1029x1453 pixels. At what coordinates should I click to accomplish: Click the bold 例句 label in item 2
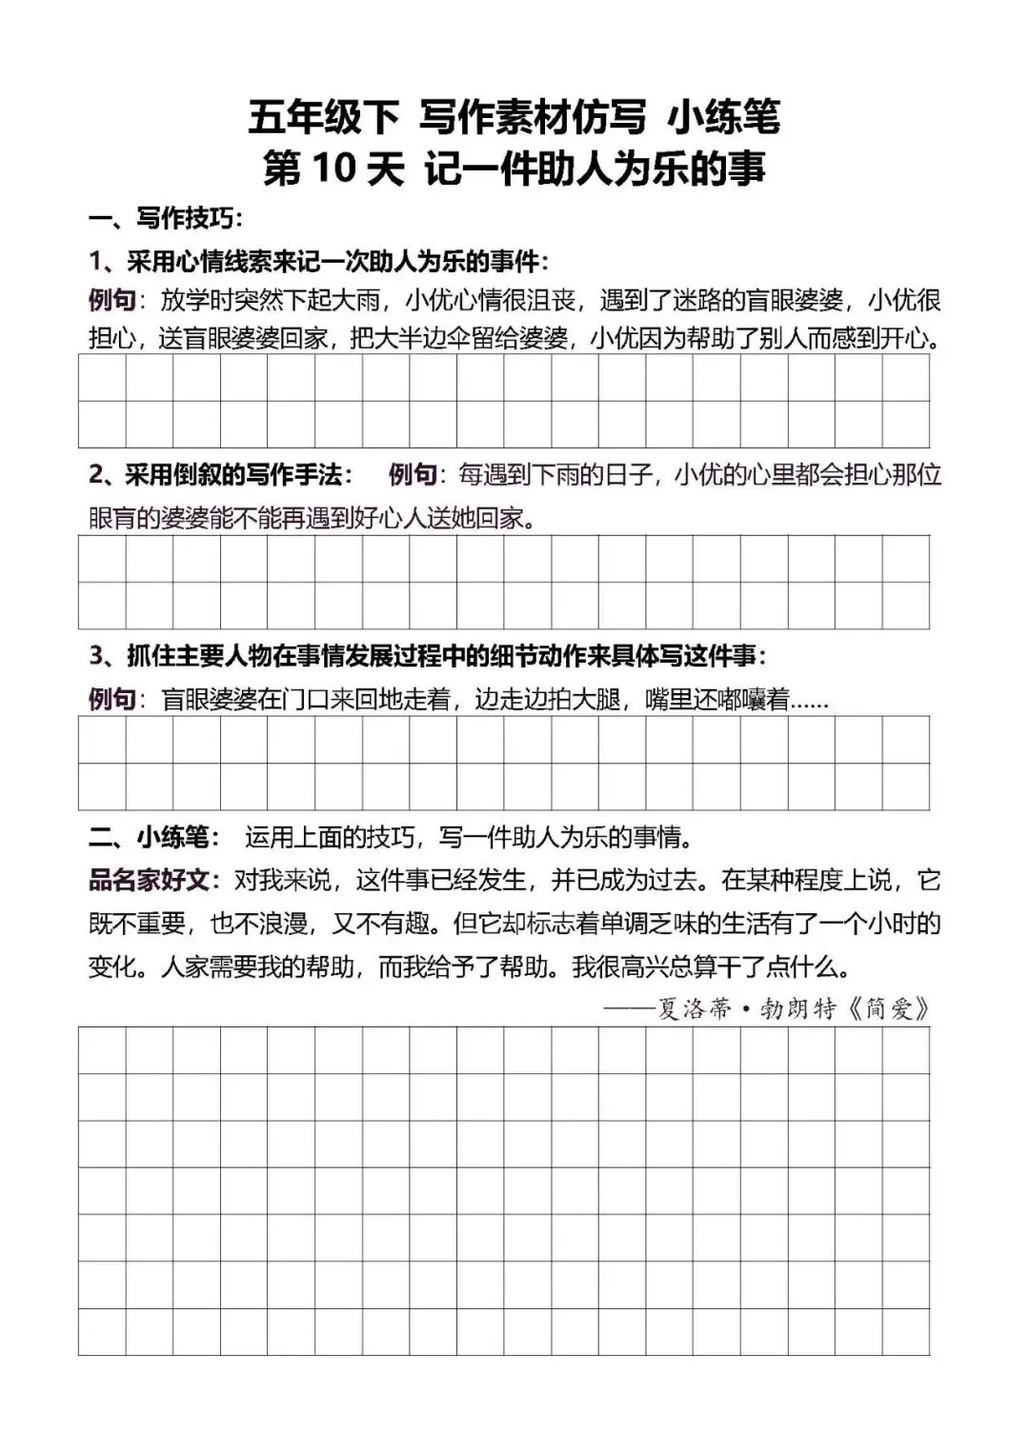click(413, 474)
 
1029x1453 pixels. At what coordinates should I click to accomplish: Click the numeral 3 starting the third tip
click(95, 656)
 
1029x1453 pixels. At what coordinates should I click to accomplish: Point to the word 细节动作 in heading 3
click(562, 656)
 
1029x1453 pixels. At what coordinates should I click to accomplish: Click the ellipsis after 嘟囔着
click(810, 702)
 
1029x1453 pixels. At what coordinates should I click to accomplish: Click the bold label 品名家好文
click(150, 880)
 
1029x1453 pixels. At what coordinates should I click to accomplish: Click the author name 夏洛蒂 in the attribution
click(696, 1008)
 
